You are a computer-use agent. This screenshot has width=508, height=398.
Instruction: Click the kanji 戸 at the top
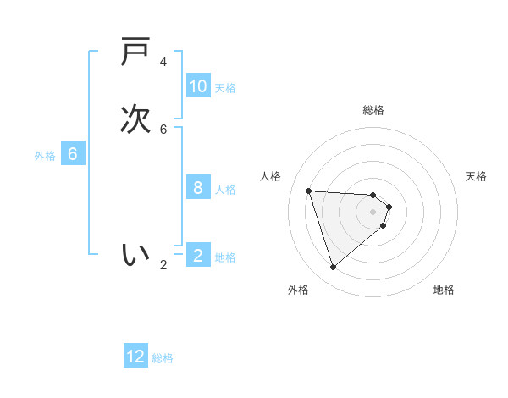[x=135, y=53]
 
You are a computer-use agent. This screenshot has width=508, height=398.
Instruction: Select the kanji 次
[x=135, y=119]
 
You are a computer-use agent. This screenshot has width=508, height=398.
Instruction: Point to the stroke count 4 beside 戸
[x=163, y=62]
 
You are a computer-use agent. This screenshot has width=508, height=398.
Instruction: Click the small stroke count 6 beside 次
[x=163, y=129]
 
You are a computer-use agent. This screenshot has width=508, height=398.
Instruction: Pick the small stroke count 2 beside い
[x=163, y=264]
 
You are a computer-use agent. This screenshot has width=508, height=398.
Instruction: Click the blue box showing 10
[x=198, y=86]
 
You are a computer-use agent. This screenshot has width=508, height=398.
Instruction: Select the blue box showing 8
[x=198, y=188]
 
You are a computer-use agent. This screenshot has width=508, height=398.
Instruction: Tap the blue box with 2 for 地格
[x=198, y=255]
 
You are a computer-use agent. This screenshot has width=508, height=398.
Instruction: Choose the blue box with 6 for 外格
[x=73, y=154]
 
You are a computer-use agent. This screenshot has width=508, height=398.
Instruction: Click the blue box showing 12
[x=135, y=357]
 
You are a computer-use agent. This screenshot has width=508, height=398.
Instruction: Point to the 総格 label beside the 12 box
[x=163, y=358]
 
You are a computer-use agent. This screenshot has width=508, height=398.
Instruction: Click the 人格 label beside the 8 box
[x=226, y=190]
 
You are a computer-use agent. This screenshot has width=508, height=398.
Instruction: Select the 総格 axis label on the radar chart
[x=373, y=110]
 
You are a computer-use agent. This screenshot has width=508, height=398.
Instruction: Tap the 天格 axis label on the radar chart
[x=476, y=176]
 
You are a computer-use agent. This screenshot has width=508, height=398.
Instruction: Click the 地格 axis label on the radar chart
[x=444, y=290]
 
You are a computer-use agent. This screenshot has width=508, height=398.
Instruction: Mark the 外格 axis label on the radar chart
[x=298, y=290]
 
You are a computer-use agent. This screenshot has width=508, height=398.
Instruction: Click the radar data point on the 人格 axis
[x=309, y=191]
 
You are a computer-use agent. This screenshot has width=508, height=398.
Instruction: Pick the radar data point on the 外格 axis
[x=333, y=268]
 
